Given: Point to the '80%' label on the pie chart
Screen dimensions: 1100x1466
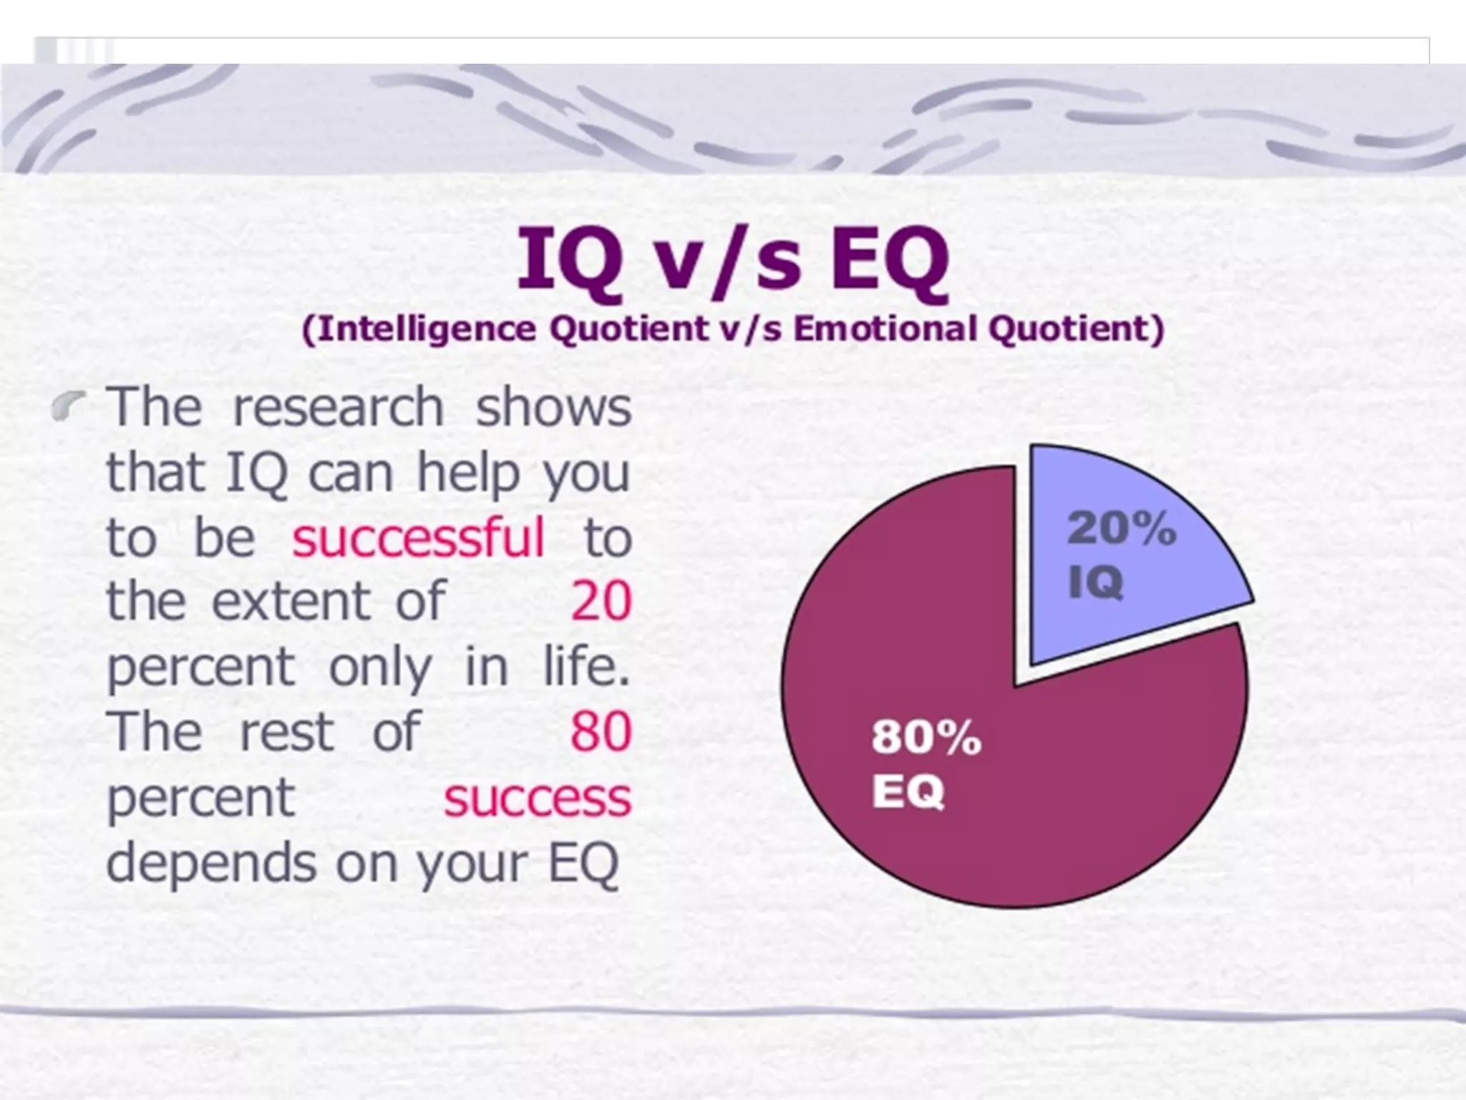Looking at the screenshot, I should tap(926, 737).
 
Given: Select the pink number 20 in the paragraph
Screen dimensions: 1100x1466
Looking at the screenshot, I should tap(601, 601).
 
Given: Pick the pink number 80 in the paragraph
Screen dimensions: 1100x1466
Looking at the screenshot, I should tap(601, 732).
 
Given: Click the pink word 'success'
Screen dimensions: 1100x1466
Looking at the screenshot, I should tap(538, 798).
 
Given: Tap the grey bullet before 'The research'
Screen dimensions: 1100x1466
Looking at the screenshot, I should tap(69, 407).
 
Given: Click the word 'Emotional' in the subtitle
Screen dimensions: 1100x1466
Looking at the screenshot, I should tap(884, 329).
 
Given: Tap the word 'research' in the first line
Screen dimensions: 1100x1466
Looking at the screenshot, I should tap(338, 407).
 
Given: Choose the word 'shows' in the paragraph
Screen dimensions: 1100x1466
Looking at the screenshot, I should tap(553, 407).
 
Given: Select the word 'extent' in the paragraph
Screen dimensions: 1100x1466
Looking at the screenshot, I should tap(291, 601).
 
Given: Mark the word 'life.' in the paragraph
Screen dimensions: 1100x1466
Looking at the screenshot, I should tap(586, 666).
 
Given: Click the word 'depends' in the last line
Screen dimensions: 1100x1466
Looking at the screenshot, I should tap(212, 863).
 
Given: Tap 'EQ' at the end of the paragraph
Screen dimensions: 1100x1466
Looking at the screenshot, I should tap(583, 863).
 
